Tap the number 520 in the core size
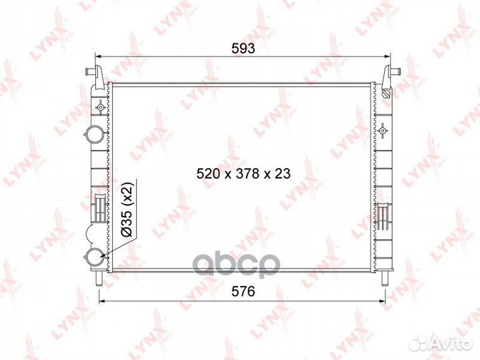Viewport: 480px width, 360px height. point(207,173)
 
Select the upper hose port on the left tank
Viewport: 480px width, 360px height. point(94,133)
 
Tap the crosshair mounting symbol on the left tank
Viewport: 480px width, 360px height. point(100,106)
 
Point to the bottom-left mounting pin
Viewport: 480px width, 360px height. point(99,279)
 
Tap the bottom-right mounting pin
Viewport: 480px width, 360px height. point(384,279)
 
